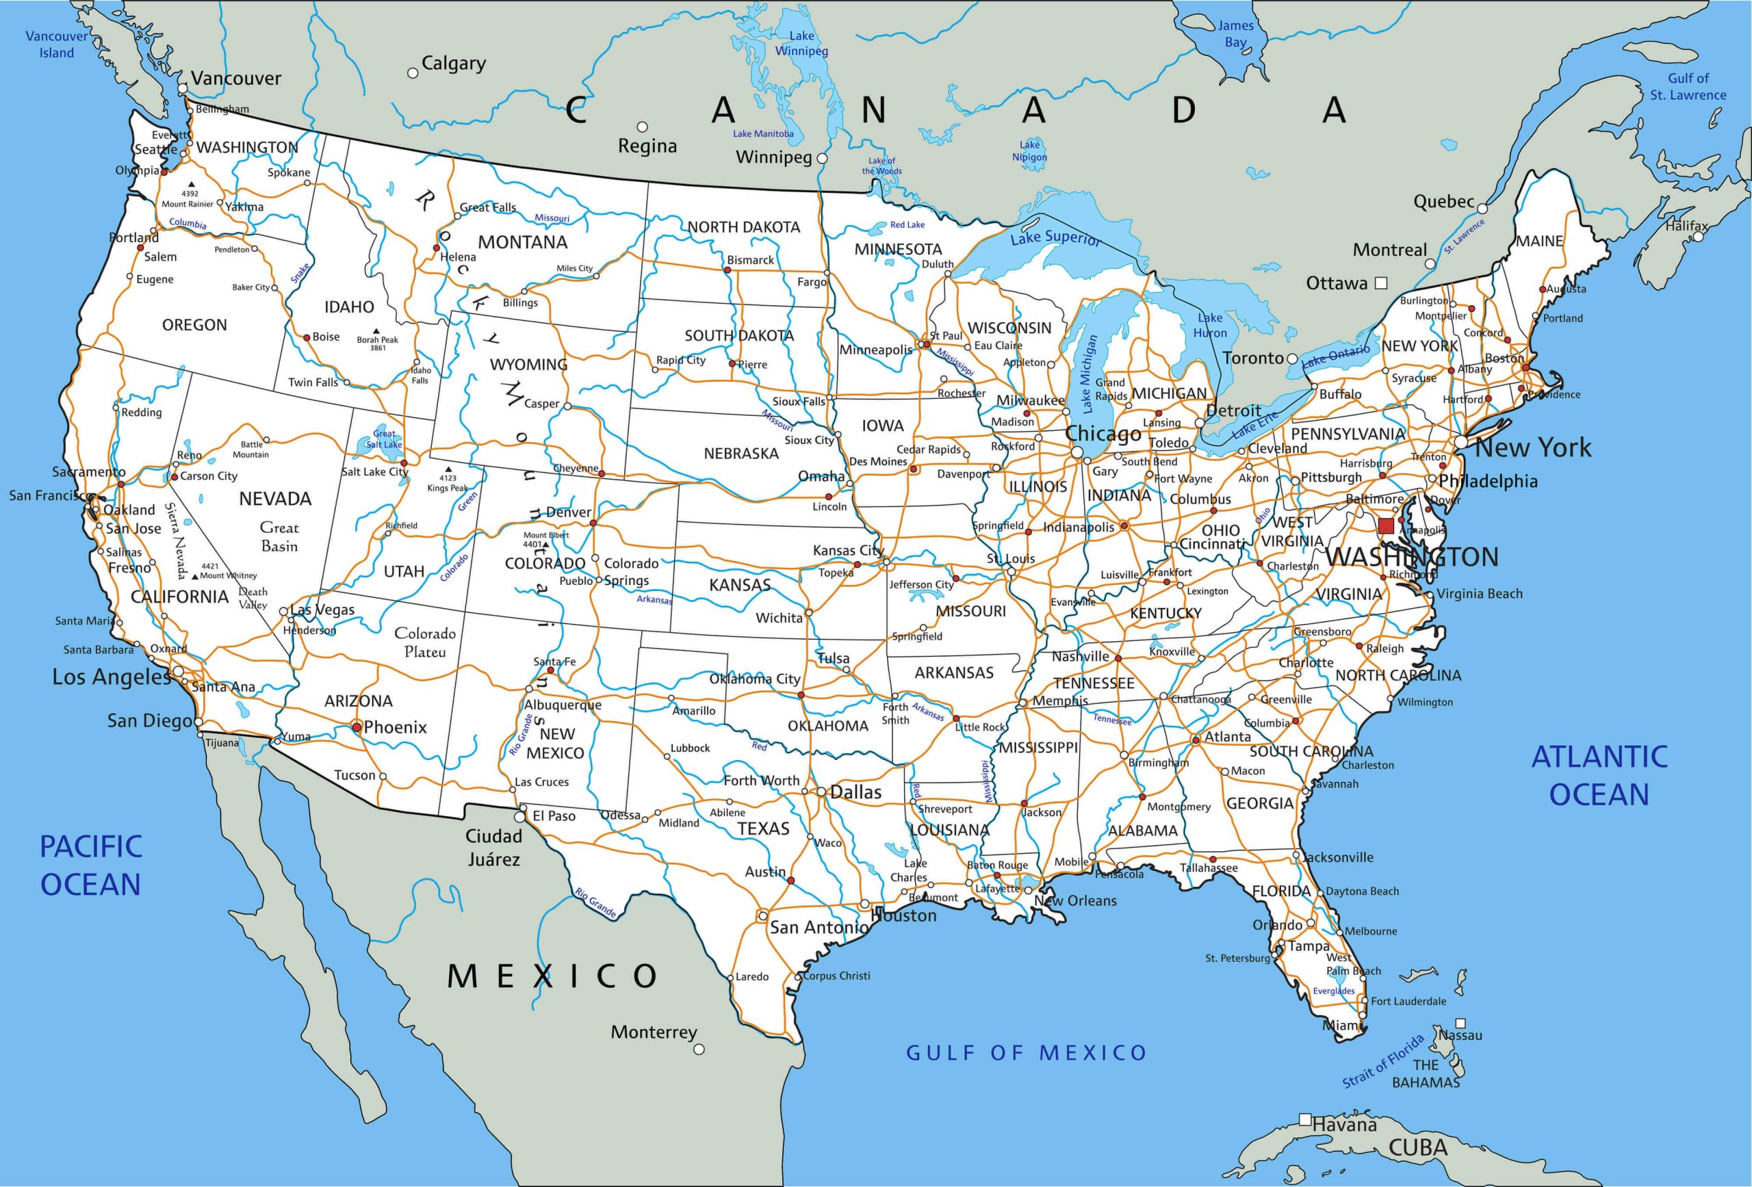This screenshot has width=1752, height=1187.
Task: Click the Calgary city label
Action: click(453, 64)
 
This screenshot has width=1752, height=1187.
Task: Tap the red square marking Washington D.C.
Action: click(1386, 526)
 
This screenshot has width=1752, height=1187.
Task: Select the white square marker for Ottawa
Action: click(1381, 283)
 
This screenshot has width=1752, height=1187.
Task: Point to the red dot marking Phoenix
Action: click(357, 727)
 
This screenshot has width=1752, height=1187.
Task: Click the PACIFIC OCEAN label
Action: click(90, 865)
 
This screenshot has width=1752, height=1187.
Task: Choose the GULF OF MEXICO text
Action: click(1026, 1053)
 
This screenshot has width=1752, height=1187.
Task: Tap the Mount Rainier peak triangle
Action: click(192, 184)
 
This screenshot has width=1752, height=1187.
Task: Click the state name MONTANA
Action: click(522, 243)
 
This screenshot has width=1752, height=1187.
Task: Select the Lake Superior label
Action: click(1055, 238)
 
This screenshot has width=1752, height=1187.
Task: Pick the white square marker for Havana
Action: click(1306, 1120)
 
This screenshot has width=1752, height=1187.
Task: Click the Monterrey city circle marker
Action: click(699, 1049)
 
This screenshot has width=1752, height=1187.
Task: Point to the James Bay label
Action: click(1235, 34)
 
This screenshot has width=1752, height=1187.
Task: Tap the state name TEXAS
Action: click(763, 829)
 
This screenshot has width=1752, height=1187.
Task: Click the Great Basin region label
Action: click(280, 536)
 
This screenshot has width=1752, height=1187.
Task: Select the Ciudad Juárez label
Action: click(494, 847)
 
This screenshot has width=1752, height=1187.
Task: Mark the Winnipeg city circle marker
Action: click(823, 159)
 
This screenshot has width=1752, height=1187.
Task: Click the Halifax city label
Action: click(1686, 225)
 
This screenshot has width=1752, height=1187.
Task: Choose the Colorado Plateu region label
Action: click(425, 642)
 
